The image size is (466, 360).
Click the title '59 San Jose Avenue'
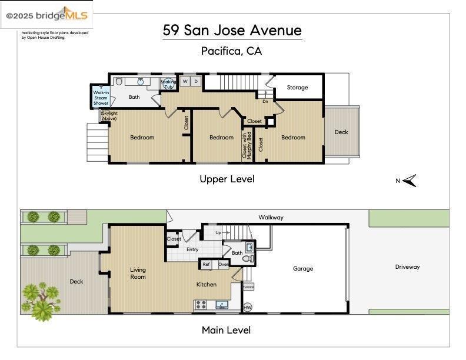pyautogui.click(x=232, y=31)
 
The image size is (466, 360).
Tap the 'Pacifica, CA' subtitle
pyautogui.click(x=231, y=51)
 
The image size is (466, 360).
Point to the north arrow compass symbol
pyautogui.click(x=410, y=181)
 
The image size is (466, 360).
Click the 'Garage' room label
pyautogui.click(x=303, y=269)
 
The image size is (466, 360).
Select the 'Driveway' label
pyautogui.click(x=407, y=267)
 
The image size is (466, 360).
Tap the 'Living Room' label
pyautogui.click(x=138, y=274)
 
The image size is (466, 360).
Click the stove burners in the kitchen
pyautogui.click(x=201, y=305)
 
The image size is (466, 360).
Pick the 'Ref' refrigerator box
pyautogui.click(x=207, y=265)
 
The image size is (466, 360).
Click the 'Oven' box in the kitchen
pyautogui.click(x=223, y=265)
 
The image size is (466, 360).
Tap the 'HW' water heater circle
pyautogui.click(x=248, y=307)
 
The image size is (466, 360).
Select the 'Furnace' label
pyautogui.click(x=248, y=287)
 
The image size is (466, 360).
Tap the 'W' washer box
pyautogui.click(x=185, y=81)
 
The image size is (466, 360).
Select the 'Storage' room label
pyautogui.click(x=297, y=88)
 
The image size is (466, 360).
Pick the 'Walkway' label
pyautogui.click(x=271, y=218)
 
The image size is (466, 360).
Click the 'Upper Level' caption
pyautogui.click(x=227, y=179)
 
